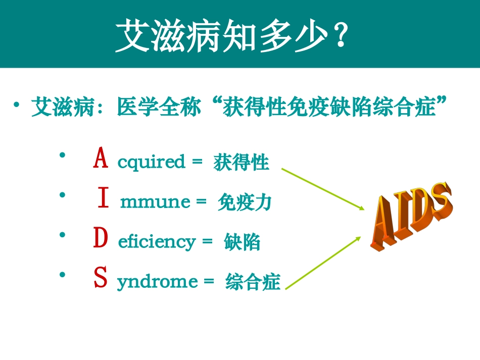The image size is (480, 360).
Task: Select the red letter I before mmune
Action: [x=103, y=198]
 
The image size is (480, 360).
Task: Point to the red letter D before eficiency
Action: [x=101, y=239]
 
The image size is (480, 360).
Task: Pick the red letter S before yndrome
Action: [x=101, y=278]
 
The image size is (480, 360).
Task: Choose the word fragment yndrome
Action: [x=157, y=282]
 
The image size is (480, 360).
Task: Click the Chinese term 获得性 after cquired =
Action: [x=241, y=163]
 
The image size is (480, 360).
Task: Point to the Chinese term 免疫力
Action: [x=245, y=202]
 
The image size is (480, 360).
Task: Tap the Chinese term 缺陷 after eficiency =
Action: [x=242, y=242]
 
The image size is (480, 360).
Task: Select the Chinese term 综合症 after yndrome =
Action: [x=253, y=282]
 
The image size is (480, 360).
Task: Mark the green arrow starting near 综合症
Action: [x=323, y=263]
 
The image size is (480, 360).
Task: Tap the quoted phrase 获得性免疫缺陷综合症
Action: [x=329, y=108]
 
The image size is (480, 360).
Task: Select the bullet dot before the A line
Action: [x=62, y=156]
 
